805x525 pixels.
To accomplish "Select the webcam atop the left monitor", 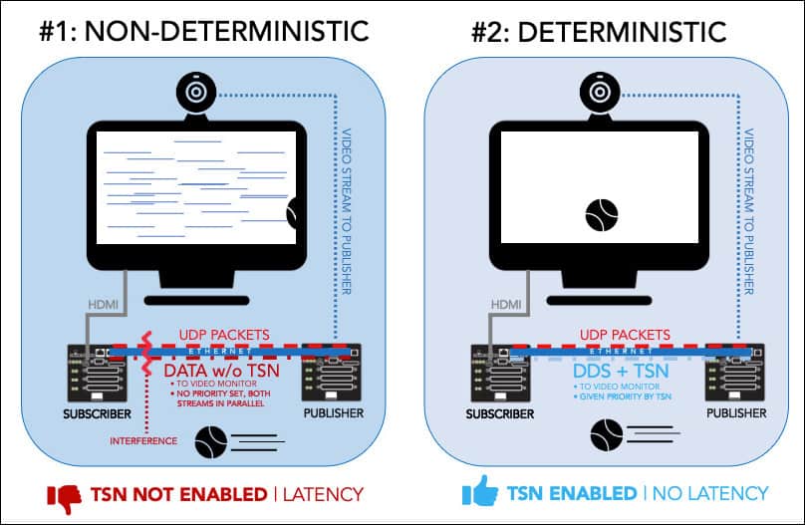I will pos(195,91).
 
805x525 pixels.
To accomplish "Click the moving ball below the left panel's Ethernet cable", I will pos(210,437).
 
